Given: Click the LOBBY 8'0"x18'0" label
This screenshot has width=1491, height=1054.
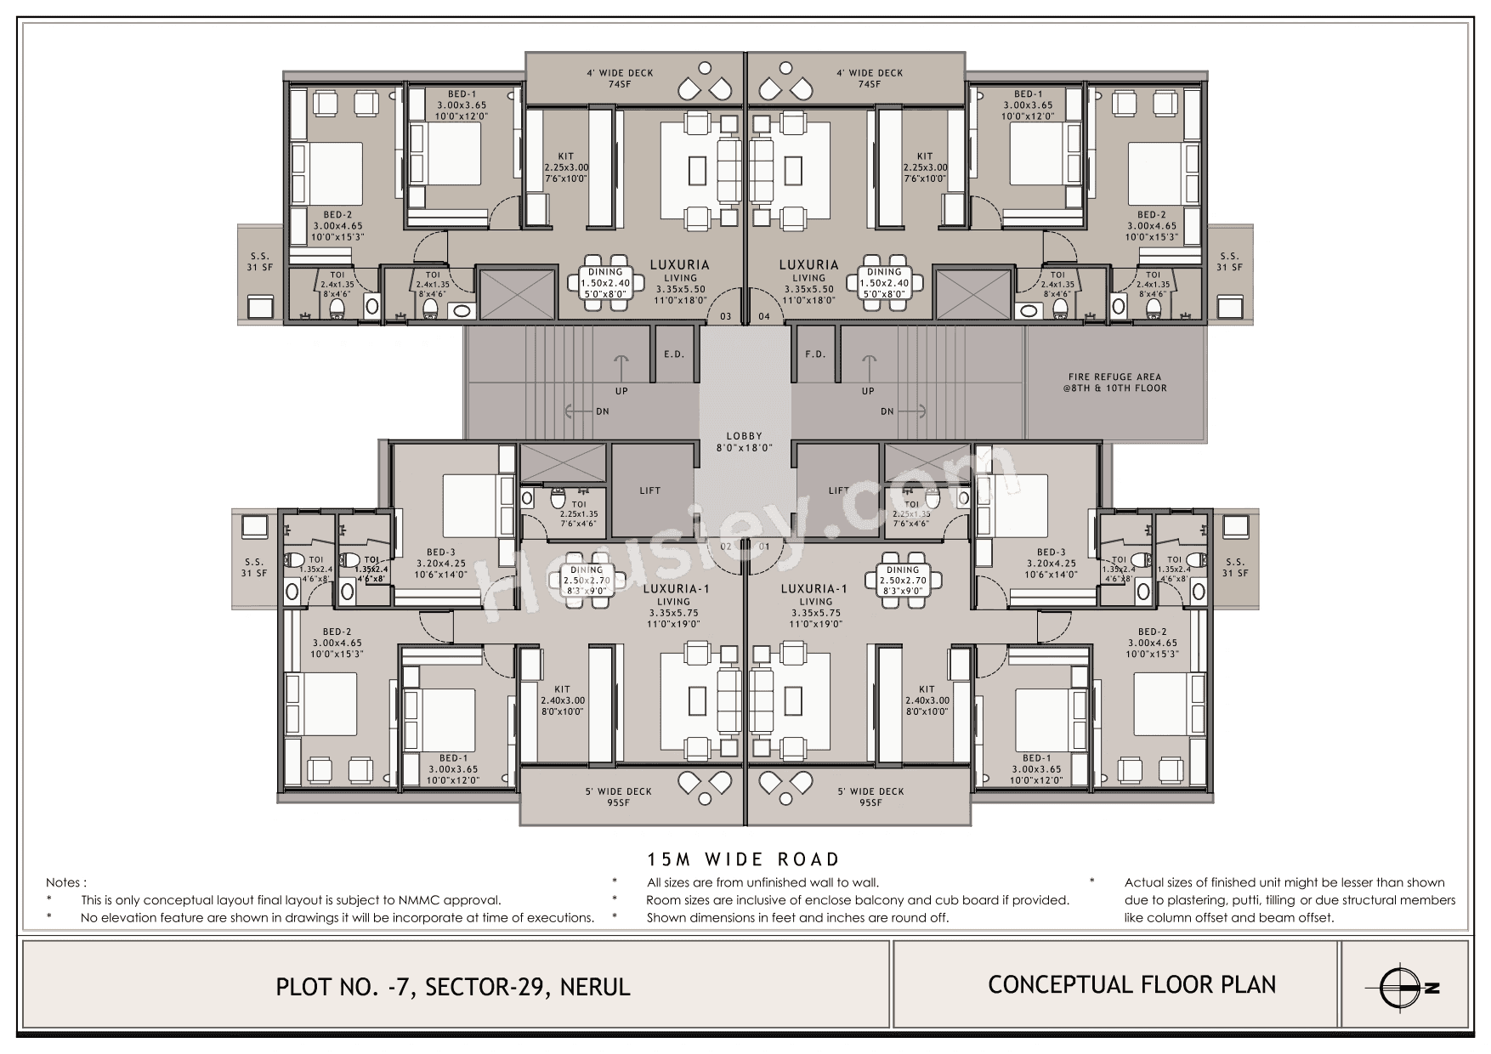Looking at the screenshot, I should click(744, 442).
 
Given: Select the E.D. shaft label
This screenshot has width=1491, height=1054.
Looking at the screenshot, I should click(673, 354).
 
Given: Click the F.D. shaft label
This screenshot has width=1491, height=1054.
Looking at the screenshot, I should click(814, 354).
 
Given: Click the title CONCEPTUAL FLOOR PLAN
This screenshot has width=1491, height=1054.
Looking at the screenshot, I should click(1131, 985).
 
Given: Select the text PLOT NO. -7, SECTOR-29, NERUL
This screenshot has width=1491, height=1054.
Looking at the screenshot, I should click(453, 987).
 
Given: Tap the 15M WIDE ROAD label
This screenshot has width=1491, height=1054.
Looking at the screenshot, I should click(744, 859).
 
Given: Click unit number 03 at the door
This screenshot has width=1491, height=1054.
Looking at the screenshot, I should click(725, 317).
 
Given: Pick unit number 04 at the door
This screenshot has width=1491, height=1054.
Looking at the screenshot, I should click(763, 317).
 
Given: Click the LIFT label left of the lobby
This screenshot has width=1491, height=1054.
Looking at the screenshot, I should click(649, 490).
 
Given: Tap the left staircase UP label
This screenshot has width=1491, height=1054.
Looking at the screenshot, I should click(622, 391).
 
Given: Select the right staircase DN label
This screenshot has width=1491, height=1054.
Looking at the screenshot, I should click(887, 411).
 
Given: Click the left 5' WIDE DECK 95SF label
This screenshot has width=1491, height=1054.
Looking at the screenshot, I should click(618, 797).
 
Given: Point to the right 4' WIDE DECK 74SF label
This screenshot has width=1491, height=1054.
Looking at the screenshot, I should click(869, 78).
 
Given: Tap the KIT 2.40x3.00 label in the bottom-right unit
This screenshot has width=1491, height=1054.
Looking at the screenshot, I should click(927, 700).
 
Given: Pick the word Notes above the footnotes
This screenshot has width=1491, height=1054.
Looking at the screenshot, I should click(66, 883).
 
